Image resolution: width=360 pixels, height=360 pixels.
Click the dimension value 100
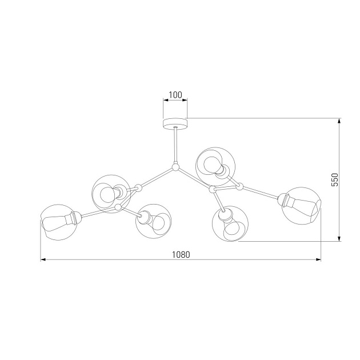coord(175,94)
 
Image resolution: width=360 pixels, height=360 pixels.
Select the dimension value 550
coord(335,179)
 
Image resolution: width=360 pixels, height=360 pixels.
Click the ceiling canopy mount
coord(175,123)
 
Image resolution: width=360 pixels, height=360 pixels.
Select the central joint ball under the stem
coord(175,168)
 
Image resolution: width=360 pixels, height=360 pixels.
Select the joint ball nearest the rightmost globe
coord(239,186)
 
